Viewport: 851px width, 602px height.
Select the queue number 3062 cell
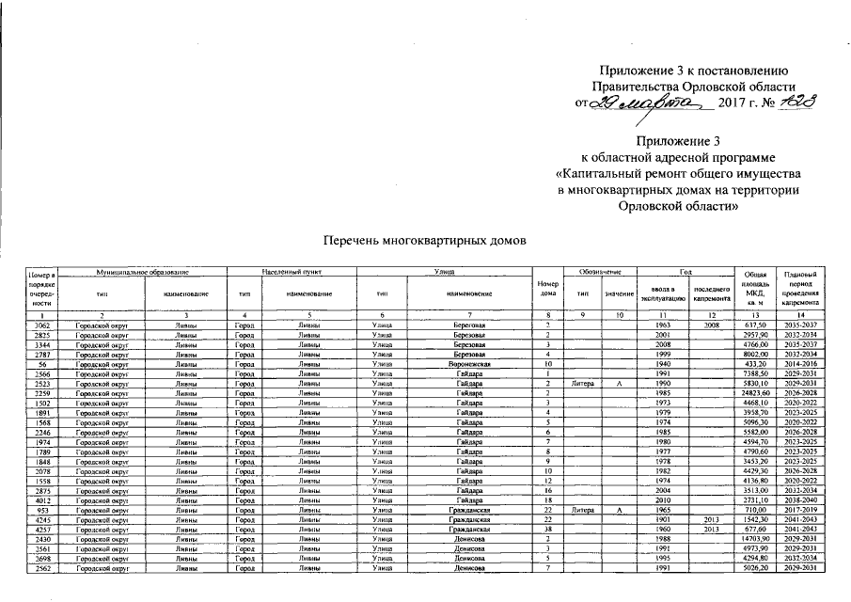coord(41,324)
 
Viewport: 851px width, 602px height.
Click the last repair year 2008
coord(711,324)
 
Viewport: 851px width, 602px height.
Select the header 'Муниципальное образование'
coord(144,272)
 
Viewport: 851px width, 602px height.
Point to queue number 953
coord(41,510)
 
